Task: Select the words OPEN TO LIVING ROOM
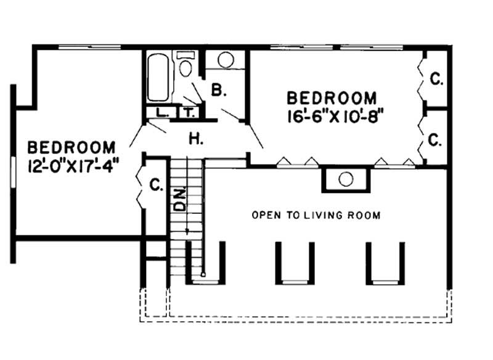[x=316, y=216]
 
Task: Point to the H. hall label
[x=196, y=139]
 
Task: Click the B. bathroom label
[x=219, y=91]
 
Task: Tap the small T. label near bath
[x=187, y=113]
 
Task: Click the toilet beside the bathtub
[x=185, y=66]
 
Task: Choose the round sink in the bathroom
[x=226, y=60]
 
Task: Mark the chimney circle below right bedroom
[x=346, y=179]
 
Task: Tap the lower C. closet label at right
[x=436, y=141]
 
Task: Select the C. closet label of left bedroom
[x=157, y=184]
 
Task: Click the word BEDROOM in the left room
[x=71, y=148]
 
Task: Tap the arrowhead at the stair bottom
[x=187, y=232]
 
